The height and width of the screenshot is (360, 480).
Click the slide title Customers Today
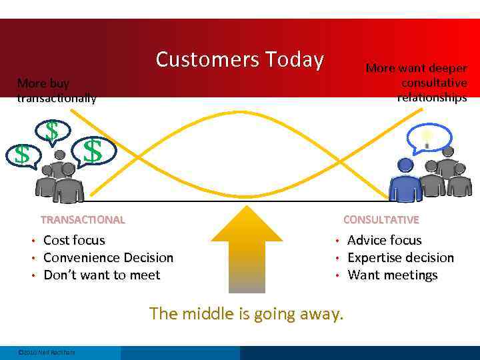point(239,60)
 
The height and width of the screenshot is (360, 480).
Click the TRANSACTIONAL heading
point(83,219)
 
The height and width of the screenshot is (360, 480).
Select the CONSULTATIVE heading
point(381,219)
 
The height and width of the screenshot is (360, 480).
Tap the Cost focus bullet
point(74,240)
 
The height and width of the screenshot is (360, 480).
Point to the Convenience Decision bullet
point(108,257)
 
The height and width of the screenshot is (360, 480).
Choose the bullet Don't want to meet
point(101,275)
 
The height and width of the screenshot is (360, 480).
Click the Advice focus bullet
point(384,240)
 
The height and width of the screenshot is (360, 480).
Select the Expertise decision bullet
point(400,257)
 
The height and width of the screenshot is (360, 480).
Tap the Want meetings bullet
point(392,275)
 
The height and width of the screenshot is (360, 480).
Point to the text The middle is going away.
point(247,313)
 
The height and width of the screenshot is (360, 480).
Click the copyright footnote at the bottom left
point(47,352)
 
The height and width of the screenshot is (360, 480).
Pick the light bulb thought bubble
point(427,139)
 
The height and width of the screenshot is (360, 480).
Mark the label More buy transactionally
point(56,91)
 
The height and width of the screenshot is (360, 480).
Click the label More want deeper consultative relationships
point(417,83)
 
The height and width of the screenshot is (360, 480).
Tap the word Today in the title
point(294,60)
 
